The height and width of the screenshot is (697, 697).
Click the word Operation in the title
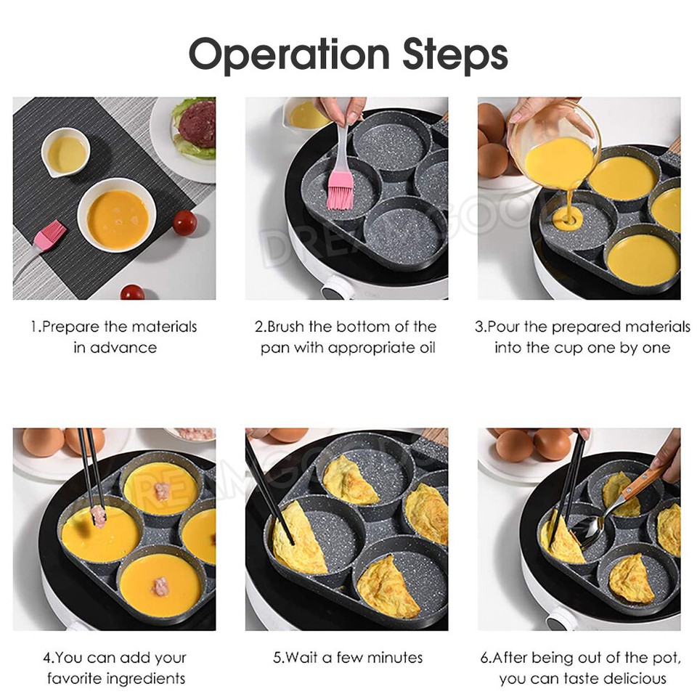[x=283, y=55]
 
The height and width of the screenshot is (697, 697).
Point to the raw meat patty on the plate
[x=197, y=125]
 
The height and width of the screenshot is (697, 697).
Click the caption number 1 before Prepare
[x=33, y=327]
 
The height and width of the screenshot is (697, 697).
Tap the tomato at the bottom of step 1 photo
[x=132, y=293]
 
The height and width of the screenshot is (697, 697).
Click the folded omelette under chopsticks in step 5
[x=298, y=541]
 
